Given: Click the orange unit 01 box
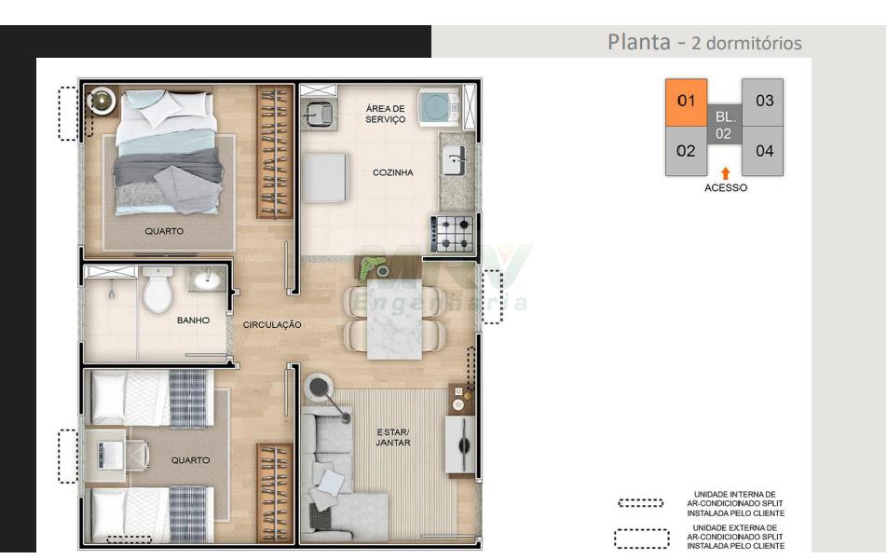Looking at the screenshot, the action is point(686,102).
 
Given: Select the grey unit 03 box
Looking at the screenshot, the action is point(762,102).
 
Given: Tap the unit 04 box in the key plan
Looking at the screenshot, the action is point(762,151).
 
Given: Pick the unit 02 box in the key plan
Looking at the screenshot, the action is point(686,151).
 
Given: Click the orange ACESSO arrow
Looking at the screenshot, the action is point(725,173).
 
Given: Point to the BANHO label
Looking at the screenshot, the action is point(193,320).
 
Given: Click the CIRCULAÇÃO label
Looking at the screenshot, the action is point(272,325).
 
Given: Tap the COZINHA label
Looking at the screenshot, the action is point(392,172).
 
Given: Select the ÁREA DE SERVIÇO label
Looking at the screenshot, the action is point(385,114).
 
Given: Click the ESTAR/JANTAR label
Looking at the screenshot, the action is point(392,437).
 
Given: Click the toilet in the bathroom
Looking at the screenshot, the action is point(157,289).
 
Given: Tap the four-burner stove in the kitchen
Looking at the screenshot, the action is point(451,234).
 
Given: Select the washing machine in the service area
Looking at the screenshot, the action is point(440,106).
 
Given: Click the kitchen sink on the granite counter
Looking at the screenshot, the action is point(455,159).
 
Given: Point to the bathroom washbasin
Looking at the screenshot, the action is point(208,279).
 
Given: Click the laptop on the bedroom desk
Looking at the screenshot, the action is point(109,455).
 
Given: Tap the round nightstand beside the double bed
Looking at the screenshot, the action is point(102,101).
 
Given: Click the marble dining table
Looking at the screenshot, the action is point(394,320).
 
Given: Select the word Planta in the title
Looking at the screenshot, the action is point(638,42).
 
